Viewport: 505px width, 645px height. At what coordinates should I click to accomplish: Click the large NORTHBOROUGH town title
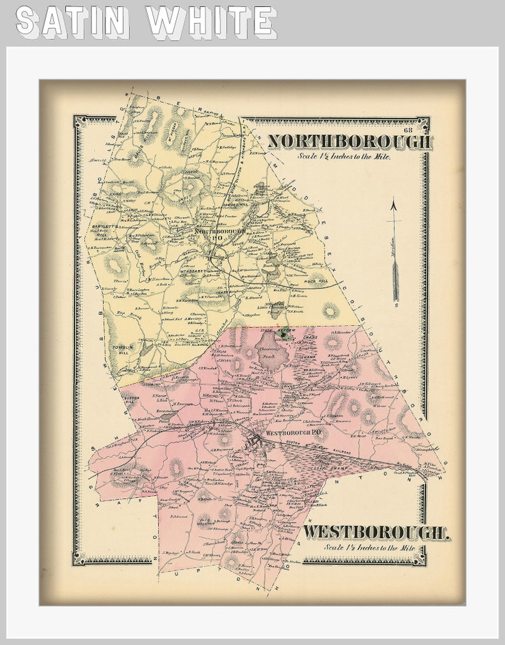349,141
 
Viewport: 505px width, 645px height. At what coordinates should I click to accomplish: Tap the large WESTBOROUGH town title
376,532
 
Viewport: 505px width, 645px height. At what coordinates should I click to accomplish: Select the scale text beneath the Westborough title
369,547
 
